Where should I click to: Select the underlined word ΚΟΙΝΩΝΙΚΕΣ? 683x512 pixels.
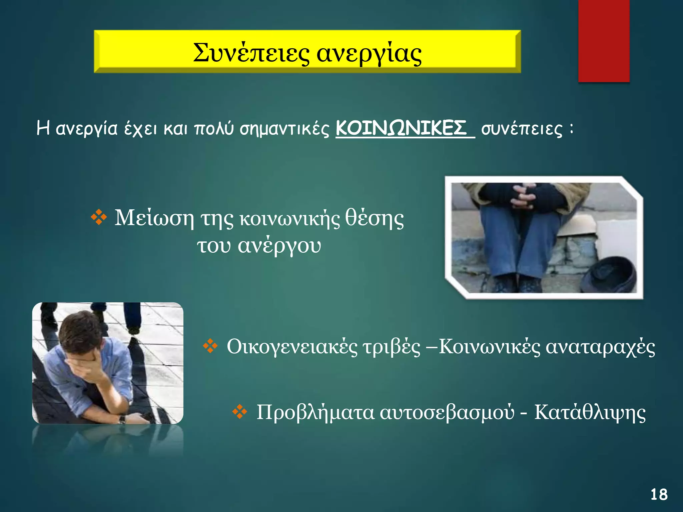tap(401, 128)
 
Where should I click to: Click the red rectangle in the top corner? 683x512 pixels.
tap(604, 41)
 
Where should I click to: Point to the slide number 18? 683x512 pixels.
tap(659, 494)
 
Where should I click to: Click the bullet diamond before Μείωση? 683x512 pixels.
tap(99, 218)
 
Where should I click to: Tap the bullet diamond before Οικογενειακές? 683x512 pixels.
tap(210, 346)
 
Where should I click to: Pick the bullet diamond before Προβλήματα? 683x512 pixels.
tap(239, 412)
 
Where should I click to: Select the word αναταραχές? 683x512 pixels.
tap(600, 347)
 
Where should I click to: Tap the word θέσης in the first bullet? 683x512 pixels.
tap(374, 219)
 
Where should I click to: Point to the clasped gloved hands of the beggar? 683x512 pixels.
tap(525, 197)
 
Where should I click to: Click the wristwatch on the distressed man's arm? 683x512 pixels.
tap(122, 419)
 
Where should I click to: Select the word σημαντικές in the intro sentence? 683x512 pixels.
tap(284, 129)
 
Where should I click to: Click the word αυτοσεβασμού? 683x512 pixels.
tap(447, 413)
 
